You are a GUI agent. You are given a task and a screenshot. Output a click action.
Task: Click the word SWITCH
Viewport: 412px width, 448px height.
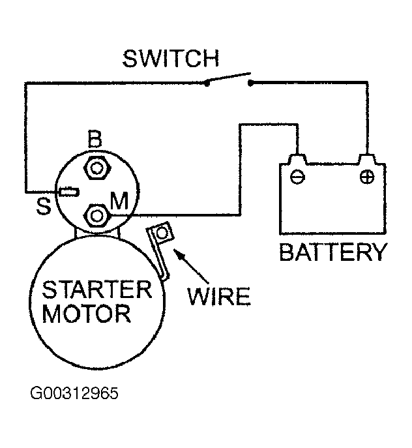coord(171,59)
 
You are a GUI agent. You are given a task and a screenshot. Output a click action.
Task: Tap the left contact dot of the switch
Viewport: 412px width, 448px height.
coord(207,83)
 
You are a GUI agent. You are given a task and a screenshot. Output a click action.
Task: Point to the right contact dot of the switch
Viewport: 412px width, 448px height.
coord(250,83)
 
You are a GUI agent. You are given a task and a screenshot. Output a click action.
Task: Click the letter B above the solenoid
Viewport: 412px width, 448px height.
coord(95,139)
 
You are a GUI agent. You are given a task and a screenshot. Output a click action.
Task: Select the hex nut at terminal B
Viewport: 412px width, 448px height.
coord(96,168)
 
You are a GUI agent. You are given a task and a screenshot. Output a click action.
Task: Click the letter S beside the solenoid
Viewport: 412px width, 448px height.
coord(44,206)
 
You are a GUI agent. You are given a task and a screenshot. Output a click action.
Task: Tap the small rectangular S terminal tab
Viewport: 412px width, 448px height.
coord(69,192)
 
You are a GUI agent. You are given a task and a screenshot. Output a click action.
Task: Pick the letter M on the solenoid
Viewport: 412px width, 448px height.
coord(119,201)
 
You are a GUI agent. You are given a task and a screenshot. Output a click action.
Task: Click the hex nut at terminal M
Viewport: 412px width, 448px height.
coord(96,215)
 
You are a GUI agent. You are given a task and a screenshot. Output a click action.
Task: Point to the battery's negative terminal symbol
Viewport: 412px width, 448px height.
coord(297,177)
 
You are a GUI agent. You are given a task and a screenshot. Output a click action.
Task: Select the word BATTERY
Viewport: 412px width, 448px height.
coord(333,252)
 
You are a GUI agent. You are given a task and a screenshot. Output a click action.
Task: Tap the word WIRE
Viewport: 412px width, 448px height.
coord(219,296)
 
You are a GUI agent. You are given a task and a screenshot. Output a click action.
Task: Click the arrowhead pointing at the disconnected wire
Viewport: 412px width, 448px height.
coord(178,254)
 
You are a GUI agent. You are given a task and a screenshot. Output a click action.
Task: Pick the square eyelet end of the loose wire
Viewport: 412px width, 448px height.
coord(162,233)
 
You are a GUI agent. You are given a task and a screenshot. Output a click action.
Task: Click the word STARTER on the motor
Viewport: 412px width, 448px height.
coord(97,289)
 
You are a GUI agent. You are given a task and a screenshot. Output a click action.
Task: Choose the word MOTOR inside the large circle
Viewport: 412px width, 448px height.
coord(87,314)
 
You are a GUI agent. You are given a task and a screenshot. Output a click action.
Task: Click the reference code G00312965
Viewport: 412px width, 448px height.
coord(74,393)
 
